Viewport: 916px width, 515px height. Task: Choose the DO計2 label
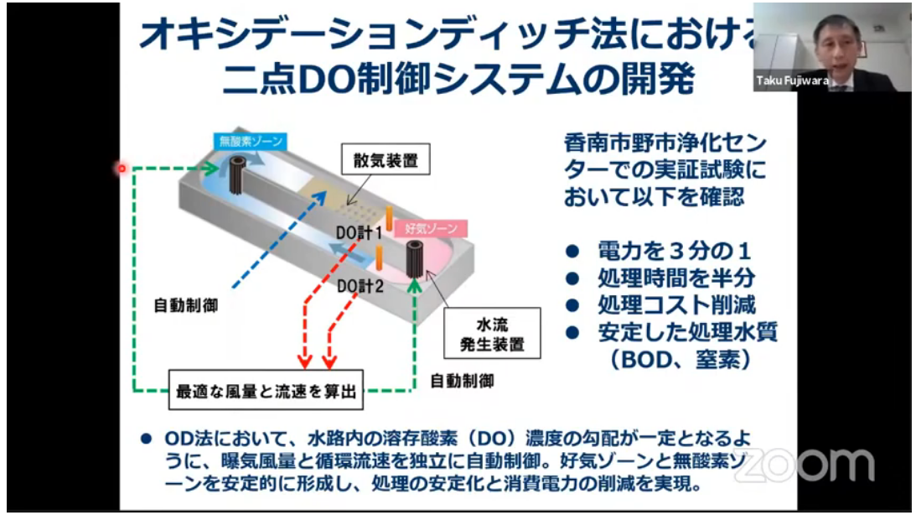360,286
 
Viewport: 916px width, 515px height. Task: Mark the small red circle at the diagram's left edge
121,169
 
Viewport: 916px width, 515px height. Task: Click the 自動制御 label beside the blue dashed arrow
187,304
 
